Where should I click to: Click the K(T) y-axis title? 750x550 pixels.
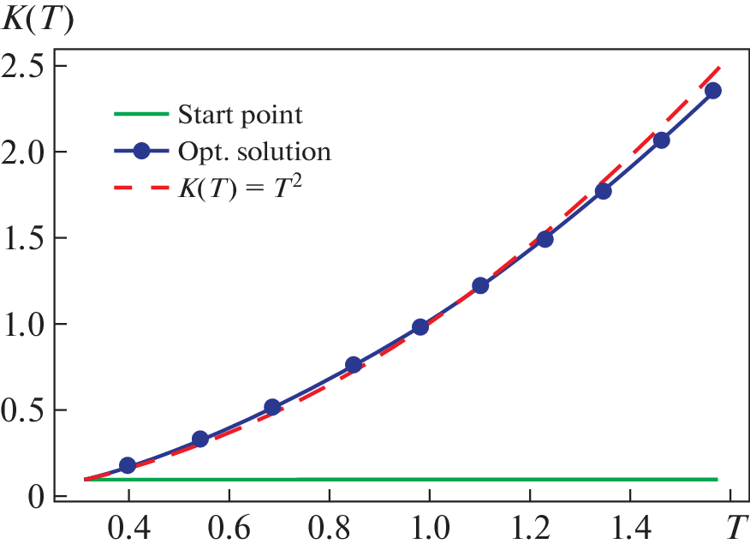(x=39, y=19)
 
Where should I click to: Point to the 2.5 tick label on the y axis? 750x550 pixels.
(x=27, y=67)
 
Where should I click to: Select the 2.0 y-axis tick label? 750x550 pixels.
(x=27, y=152)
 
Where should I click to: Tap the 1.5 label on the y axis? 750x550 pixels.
(x=27, y=238)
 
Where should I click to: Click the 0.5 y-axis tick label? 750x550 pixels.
(x=27, y=410)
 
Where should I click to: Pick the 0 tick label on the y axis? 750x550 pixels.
(x=37, y=495)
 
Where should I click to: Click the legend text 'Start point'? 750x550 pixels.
(x=240, y=114)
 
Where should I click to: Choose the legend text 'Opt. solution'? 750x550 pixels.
(x=253, y=152)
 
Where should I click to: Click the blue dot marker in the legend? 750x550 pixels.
(x=142, y=152)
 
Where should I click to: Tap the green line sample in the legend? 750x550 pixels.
(x=142, y=114)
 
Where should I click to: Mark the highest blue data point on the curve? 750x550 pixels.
(x=712, y=91)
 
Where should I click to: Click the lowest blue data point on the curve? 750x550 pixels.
(x=128, y=465)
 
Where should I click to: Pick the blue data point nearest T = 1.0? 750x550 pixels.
(x=420, y=326)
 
